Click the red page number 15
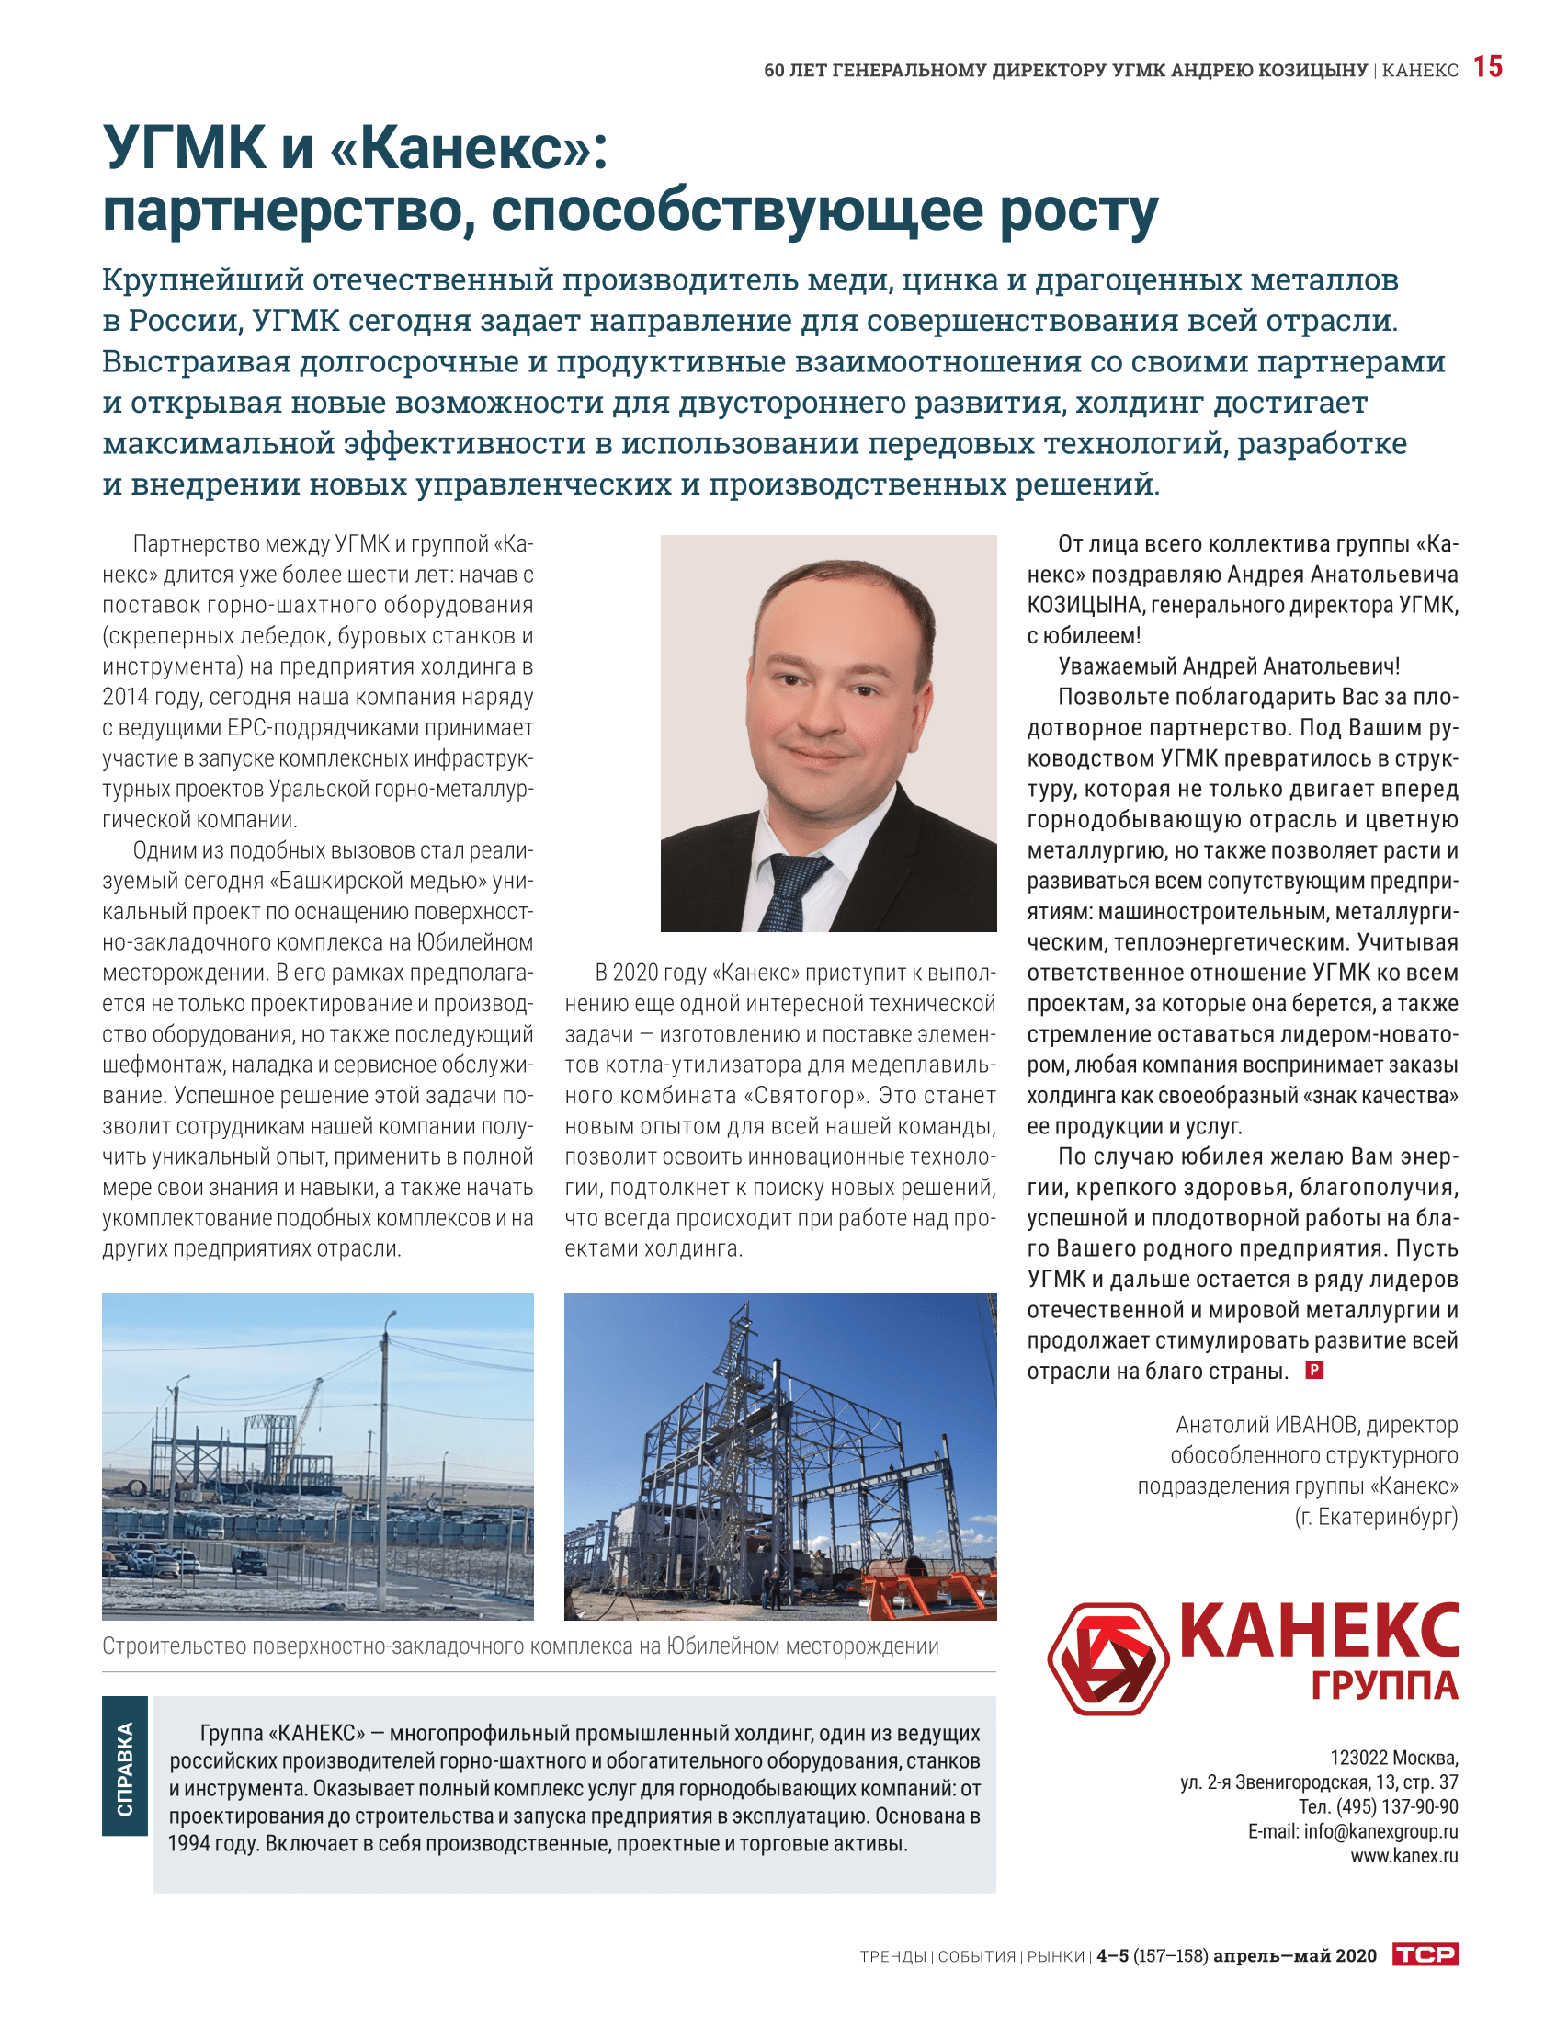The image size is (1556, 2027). [x=1486, y=67]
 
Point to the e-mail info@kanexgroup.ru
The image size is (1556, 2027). [x=1380, y=1830]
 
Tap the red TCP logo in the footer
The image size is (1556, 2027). [x=1425, y=1954]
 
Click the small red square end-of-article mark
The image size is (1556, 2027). [x=1313, y=1369]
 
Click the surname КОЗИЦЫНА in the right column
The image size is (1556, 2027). [x=1080, y=605]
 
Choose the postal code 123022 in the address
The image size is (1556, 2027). [x=1357, y=1758]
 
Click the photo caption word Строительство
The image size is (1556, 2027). [x=173, y=1646]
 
